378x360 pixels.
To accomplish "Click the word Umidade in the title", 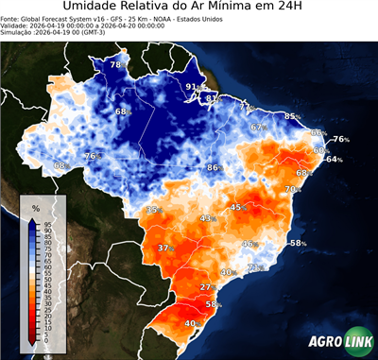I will [x=92, y=8].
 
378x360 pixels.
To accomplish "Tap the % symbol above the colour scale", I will [x=35, y=206].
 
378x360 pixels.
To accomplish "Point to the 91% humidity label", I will [x=193, y=87].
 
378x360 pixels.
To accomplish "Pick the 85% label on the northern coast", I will [x=293, y=116].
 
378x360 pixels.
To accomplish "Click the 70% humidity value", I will [x=293, y=189].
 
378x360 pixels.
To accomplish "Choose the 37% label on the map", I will [x=165, y=249].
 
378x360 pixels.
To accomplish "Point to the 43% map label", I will [x=207, y=218].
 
